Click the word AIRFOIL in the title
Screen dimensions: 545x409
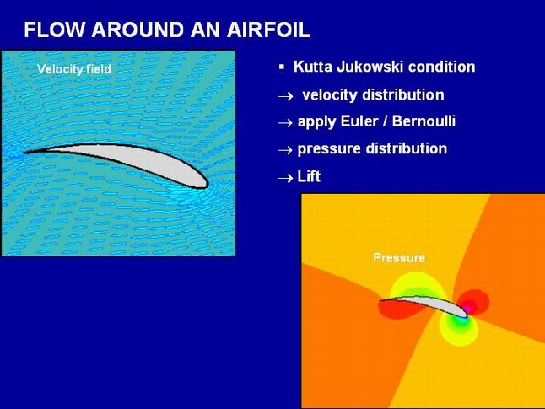pos(268,30)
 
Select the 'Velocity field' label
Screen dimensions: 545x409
pos(74,69)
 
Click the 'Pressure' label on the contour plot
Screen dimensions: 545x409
pos(399,257)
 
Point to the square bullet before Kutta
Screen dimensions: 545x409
pos(282,67)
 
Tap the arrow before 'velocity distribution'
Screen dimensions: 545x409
pos(286,96)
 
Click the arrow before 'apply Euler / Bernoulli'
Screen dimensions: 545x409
pos(285,122)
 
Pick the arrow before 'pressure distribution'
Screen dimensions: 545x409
pos(285,150)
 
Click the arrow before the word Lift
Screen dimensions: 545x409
pos(286,178)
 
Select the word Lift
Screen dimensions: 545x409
pos(309,176)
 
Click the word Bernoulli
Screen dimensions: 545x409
pos(424,121)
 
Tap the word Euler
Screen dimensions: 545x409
pos(359,121)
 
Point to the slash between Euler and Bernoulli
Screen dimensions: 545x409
pos(385,121)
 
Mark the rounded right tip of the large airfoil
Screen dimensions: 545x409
pos(208,184)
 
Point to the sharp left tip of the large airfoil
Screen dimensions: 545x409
pos(24,152)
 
